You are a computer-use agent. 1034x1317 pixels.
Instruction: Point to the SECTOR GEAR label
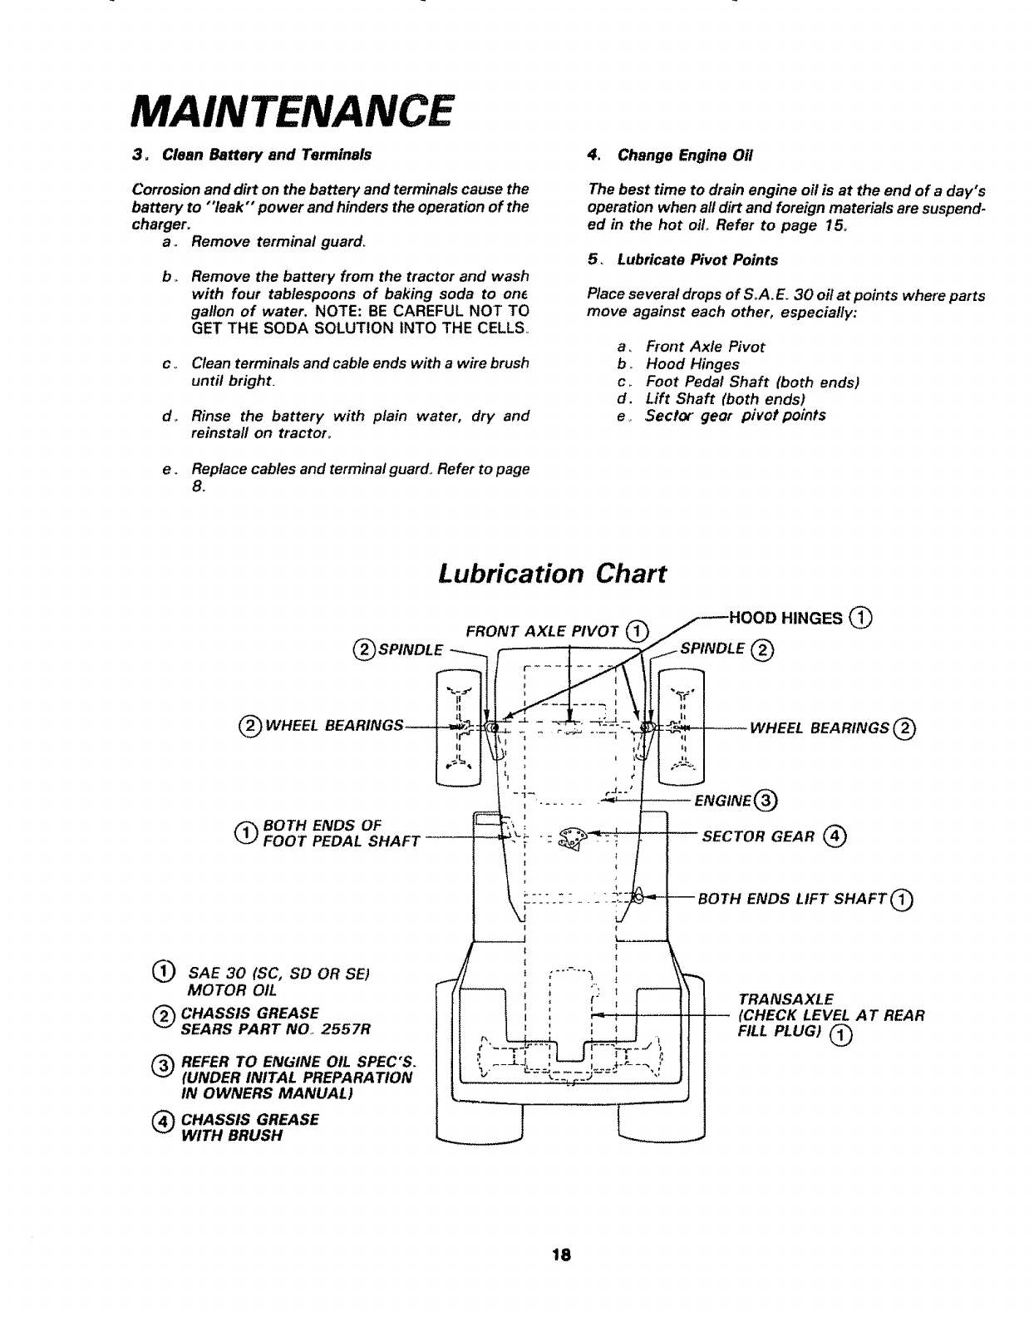[x=756, y=836]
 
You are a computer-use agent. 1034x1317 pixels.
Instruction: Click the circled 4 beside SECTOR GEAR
[x=835, y=836]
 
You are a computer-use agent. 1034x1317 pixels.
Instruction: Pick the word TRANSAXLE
[x=785, y=999]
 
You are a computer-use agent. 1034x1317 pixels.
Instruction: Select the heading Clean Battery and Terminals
[x=267, y=155]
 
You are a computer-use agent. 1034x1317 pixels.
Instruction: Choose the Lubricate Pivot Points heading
[x=697, y=260]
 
